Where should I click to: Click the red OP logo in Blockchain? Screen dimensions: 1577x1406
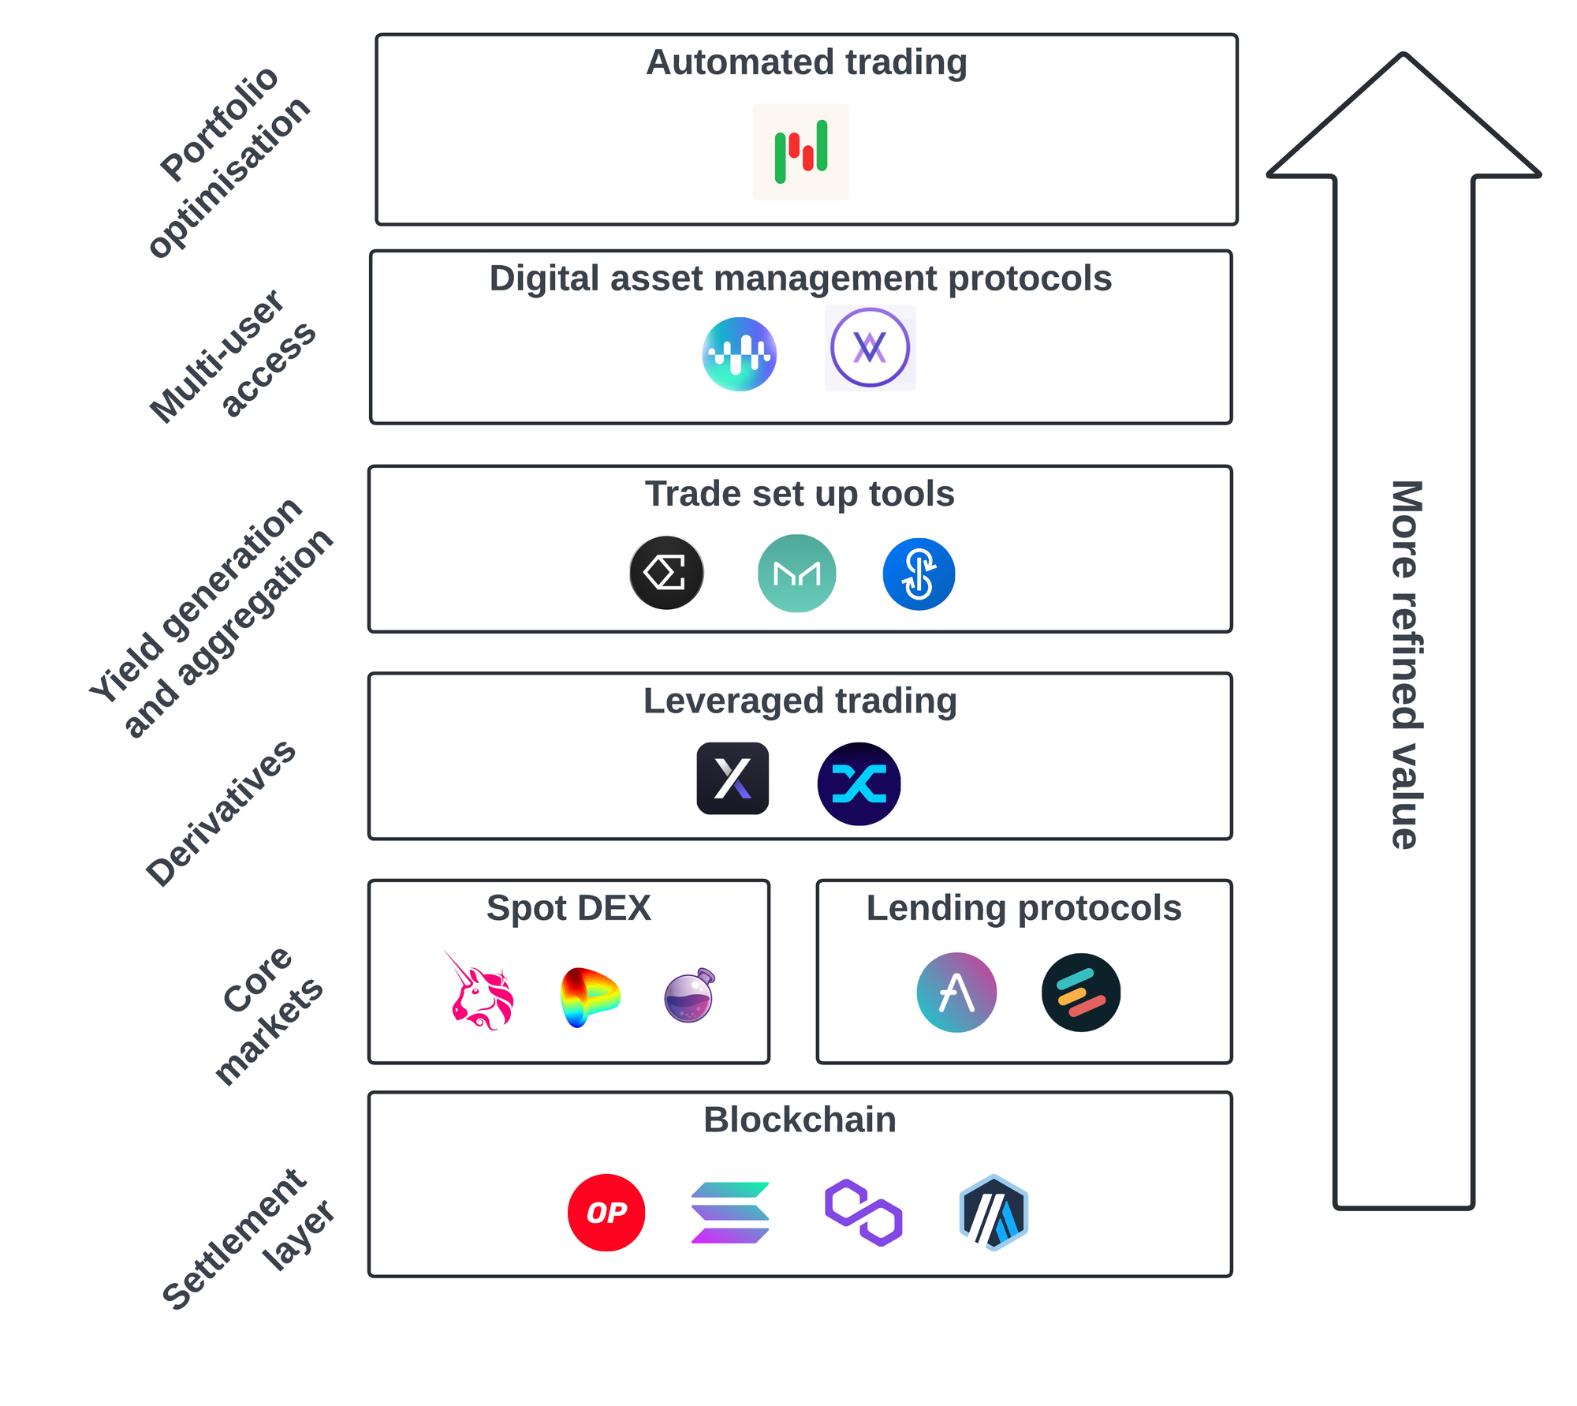click(606, 1212)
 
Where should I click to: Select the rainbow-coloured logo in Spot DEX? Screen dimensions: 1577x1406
click(589, 997)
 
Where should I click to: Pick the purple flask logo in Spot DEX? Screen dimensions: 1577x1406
click(690, 995)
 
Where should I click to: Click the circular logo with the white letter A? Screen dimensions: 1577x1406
click(956, 993)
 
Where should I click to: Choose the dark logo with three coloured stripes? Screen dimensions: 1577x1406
click(1081, 993)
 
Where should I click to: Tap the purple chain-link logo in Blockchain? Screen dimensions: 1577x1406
click(863, 1213)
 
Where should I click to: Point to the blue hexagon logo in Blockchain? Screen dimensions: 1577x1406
click(994, 1213)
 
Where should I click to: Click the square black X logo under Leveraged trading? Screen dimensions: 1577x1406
click(733, 778)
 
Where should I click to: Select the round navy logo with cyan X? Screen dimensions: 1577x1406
click(859, 783)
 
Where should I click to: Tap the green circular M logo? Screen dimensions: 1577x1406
click(797, 574)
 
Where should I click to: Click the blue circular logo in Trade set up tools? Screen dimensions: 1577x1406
click(919, 574)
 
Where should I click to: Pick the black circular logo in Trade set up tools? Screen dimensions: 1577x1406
click(667, 573)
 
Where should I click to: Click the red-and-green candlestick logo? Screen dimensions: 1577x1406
click(801, 151)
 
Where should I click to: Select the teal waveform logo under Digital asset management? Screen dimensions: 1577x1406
click(740, 354)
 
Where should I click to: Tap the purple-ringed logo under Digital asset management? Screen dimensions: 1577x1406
click(871, 348)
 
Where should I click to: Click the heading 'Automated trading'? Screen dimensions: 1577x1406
click(806, 62)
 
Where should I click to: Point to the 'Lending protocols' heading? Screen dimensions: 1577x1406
click(1023, 908)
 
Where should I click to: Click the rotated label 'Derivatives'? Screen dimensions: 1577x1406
click(221, 813)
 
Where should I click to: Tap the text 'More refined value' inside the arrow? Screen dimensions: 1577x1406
click(1406, 664)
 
